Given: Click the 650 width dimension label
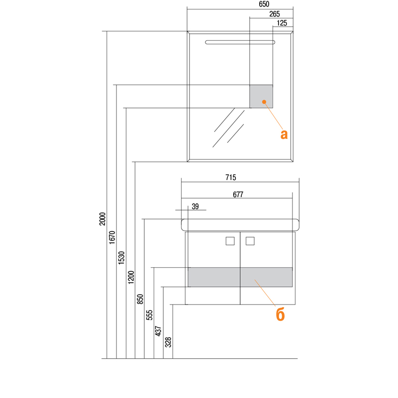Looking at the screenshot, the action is pyautogui.click(x=264, y=4).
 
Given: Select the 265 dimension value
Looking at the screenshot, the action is pyautogui.click(x=275, y=14).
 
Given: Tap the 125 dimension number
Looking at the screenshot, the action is pyautogui.click(x=282, y=23).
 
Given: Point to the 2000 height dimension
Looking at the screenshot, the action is pyautogui.click(x=102, y=219).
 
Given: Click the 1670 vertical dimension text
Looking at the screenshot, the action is pyautogui.click(x=112, y=238).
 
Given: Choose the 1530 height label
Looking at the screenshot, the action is pyautogui.click(x=121, y=258).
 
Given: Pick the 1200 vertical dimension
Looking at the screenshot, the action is pyautogui.click(x=131, y=278).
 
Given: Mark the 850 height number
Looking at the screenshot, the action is pyautogui.click(x=140, y=299).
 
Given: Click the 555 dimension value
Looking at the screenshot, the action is pyautogui.click(x=149, y=315).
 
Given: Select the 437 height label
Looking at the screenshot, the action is pyautogui.click(x=158, y=331).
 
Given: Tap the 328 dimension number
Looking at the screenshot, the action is pyautogui.click(x=168, y=342).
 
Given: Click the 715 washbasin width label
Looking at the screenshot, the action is pyautogui.click(x=231, y=178).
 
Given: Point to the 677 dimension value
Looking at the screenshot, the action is pyautogui.click(x=238, y=195).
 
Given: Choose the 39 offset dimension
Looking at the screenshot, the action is pyautogui.click(x=195, y=206).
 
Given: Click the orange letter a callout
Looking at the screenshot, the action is pyautogui.click(x=284, y=134).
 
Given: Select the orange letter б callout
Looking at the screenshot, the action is pyautogui.click(x=280, y=315).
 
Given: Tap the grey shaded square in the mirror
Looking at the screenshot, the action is pyautogui.click(x=261, y=97).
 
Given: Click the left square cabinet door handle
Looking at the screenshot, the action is pyautogui.click(x=230, y=241).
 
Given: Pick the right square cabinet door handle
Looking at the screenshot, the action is pyautogui.click(x=250, y=241).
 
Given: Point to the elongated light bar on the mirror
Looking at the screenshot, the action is pyautogui.click(x=240, y=42).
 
